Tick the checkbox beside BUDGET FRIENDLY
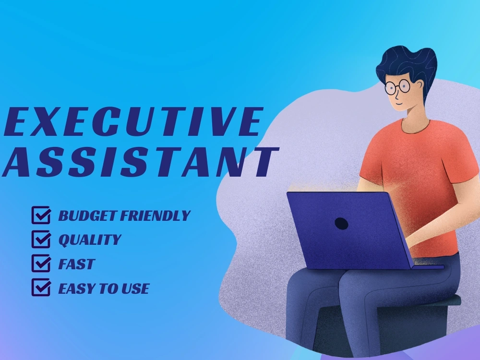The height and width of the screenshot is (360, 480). [41, 215]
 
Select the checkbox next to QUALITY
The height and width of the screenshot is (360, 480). [41, 239]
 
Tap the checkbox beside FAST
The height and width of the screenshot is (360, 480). [41, 264]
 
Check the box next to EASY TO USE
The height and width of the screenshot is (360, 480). [41, 288]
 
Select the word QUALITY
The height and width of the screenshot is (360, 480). [90, 240]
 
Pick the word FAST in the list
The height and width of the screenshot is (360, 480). [76, 264]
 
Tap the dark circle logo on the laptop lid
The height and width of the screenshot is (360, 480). [341, 223]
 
